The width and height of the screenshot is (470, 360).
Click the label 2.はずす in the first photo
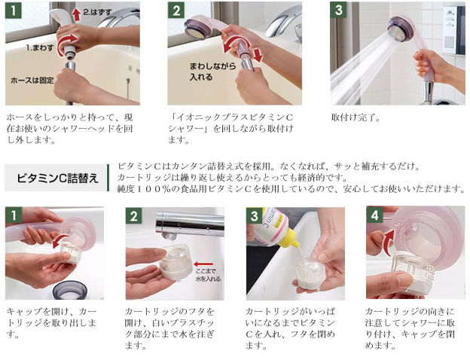[x=97, y=12]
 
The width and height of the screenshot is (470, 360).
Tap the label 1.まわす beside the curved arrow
[x=40, y=47]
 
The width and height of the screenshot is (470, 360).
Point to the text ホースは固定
[x=32, y=80]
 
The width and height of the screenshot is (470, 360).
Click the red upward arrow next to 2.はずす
[x=77, y=14]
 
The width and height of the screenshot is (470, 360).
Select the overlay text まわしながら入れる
[x=213, y=72]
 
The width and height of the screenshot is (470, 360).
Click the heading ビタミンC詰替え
[x=57, y=178]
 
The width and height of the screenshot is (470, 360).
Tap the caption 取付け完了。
[x=356, y=117]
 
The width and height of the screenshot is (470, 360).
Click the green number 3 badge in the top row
[x=338, y=10]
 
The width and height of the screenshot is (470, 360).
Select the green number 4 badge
[x=374, y=215]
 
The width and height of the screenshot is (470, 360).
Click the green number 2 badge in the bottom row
[x=133, y=215]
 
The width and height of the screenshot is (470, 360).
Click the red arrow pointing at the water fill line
[x=203, y=264]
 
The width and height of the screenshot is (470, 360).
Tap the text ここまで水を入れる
[x=209, y=275]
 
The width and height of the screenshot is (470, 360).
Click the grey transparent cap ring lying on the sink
[x=70, y=290]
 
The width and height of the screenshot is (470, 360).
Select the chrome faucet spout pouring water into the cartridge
[x=190, y=224]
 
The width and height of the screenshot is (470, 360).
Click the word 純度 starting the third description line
[x=126, y=189]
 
